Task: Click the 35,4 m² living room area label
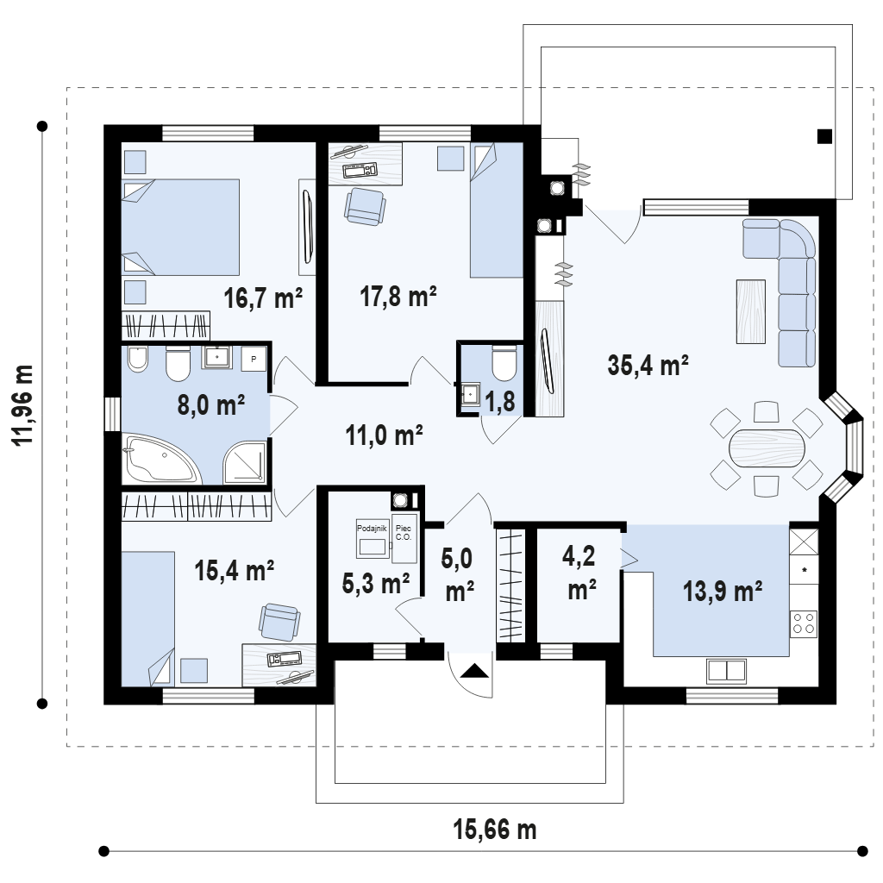click(x=648, y=365)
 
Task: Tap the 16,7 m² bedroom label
click(x=264, y=297)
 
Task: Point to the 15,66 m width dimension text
click(x=495, y=830)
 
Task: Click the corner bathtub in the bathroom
click(x=160, y=460)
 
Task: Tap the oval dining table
click(x=767, y=448)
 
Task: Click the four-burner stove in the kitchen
click(x=804, y=623)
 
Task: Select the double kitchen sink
click(x=726, y=671)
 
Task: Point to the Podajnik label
click(x=372, y=529)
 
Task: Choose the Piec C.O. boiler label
click(x=404, y=533)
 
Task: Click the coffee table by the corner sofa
click(x=751, y=311)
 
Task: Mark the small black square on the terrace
click(x=824, y=136)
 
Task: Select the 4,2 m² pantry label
click(x=581, y=573)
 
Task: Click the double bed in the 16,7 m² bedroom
click(x=180, y=228)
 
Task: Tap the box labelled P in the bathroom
click(x=254, y=359)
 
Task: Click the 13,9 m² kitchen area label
click(x=723, y=592)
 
